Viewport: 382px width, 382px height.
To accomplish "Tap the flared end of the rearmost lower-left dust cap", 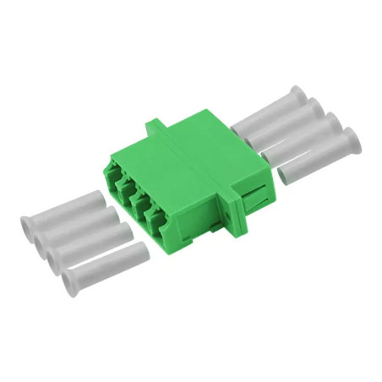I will coord(27,226).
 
